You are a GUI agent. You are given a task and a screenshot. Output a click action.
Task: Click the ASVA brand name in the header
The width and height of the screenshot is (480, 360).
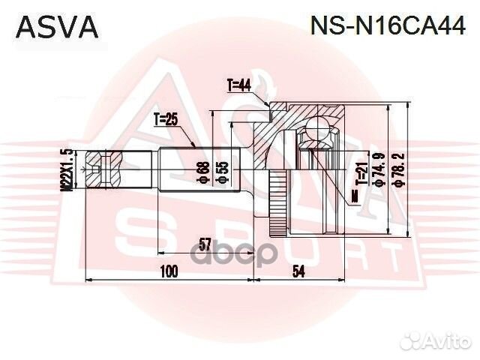(57, 27)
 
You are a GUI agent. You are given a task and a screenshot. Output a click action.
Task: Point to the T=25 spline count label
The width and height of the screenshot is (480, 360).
(166, 119)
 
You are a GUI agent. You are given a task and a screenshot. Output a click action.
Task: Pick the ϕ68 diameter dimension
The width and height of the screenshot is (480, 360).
(202, 172)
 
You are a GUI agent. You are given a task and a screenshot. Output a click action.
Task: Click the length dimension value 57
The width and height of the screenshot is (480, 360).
(203, 242)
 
